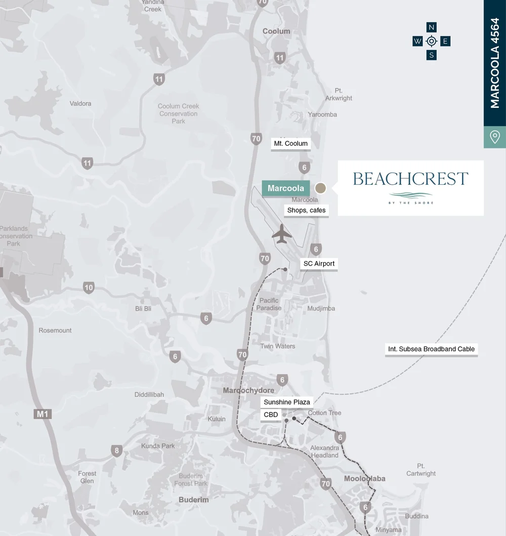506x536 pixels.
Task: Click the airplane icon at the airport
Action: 282,233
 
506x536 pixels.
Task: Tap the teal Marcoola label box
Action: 286,188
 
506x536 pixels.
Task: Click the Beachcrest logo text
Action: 410,179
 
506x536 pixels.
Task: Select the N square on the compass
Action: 431,27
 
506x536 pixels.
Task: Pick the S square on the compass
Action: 431,55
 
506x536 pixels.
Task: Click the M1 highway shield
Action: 43,414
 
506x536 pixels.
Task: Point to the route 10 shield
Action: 89,288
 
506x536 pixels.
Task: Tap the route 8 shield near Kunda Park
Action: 117,450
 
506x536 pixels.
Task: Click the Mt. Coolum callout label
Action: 290,143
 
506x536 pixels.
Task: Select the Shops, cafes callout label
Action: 306,210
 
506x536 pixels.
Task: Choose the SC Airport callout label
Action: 319,264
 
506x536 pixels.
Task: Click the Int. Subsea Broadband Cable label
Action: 431,349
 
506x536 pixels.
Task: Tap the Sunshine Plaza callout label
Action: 287,402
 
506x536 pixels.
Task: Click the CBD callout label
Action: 271,415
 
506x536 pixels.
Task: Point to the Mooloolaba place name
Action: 364,478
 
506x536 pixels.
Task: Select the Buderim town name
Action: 193,500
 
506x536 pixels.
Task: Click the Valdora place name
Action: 80,103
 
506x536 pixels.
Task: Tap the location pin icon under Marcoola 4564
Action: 495,137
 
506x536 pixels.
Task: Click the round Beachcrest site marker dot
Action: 320,188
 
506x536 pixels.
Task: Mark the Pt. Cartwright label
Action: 420,470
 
